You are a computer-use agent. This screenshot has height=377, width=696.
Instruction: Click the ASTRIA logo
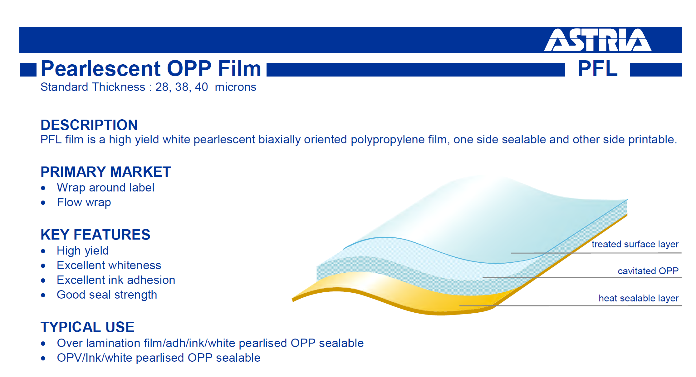[598, 40]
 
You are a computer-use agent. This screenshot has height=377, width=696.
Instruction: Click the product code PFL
[597, 68]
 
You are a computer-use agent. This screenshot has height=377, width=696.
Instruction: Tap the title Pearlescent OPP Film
[151, 68]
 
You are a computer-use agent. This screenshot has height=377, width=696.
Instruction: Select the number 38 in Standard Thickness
[181, 87]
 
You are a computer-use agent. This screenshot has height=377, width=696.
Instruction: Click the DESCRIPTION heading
[89, 125]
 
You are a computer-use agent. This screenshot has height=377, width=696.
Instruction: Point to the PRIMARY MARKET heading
[105, 172]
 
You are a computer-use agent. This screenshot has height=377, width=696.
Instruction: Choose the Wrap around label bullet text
[105, 188]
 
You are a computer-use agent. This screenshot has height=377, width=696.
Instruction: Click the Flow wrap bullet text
[84, 202]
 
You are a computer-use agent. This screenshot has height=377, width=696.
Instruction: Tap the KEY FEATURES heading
[95, 235]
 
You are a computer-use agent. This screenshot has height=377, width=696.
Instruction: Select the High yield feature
[83, 251]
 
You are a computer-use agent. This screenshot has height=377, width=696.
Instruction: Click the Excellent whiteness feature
[109, 265]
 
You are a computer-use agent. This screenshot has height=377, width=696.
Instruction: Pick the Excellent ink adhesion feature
[116, 280]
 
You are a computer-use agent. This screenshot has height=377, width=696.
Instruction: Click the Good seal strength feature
[107, 295]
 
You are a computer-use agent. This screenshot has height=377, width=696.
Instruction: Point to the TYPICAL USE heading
[87, 327]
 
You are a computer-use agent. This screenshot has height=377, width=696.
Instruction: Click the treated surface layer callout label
[635, 244]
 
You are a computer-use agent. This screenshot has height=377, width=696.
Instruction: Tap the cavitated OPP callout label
[648, 271]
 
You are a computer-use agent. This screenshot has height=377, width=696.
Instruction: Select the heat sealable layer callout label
[639, 298]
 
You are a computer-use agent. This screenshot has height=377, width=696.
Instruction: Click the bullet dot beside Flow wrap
[43, 203]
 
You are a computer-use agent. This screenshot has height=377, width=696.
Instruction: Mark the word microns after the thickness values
[235, 87]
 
